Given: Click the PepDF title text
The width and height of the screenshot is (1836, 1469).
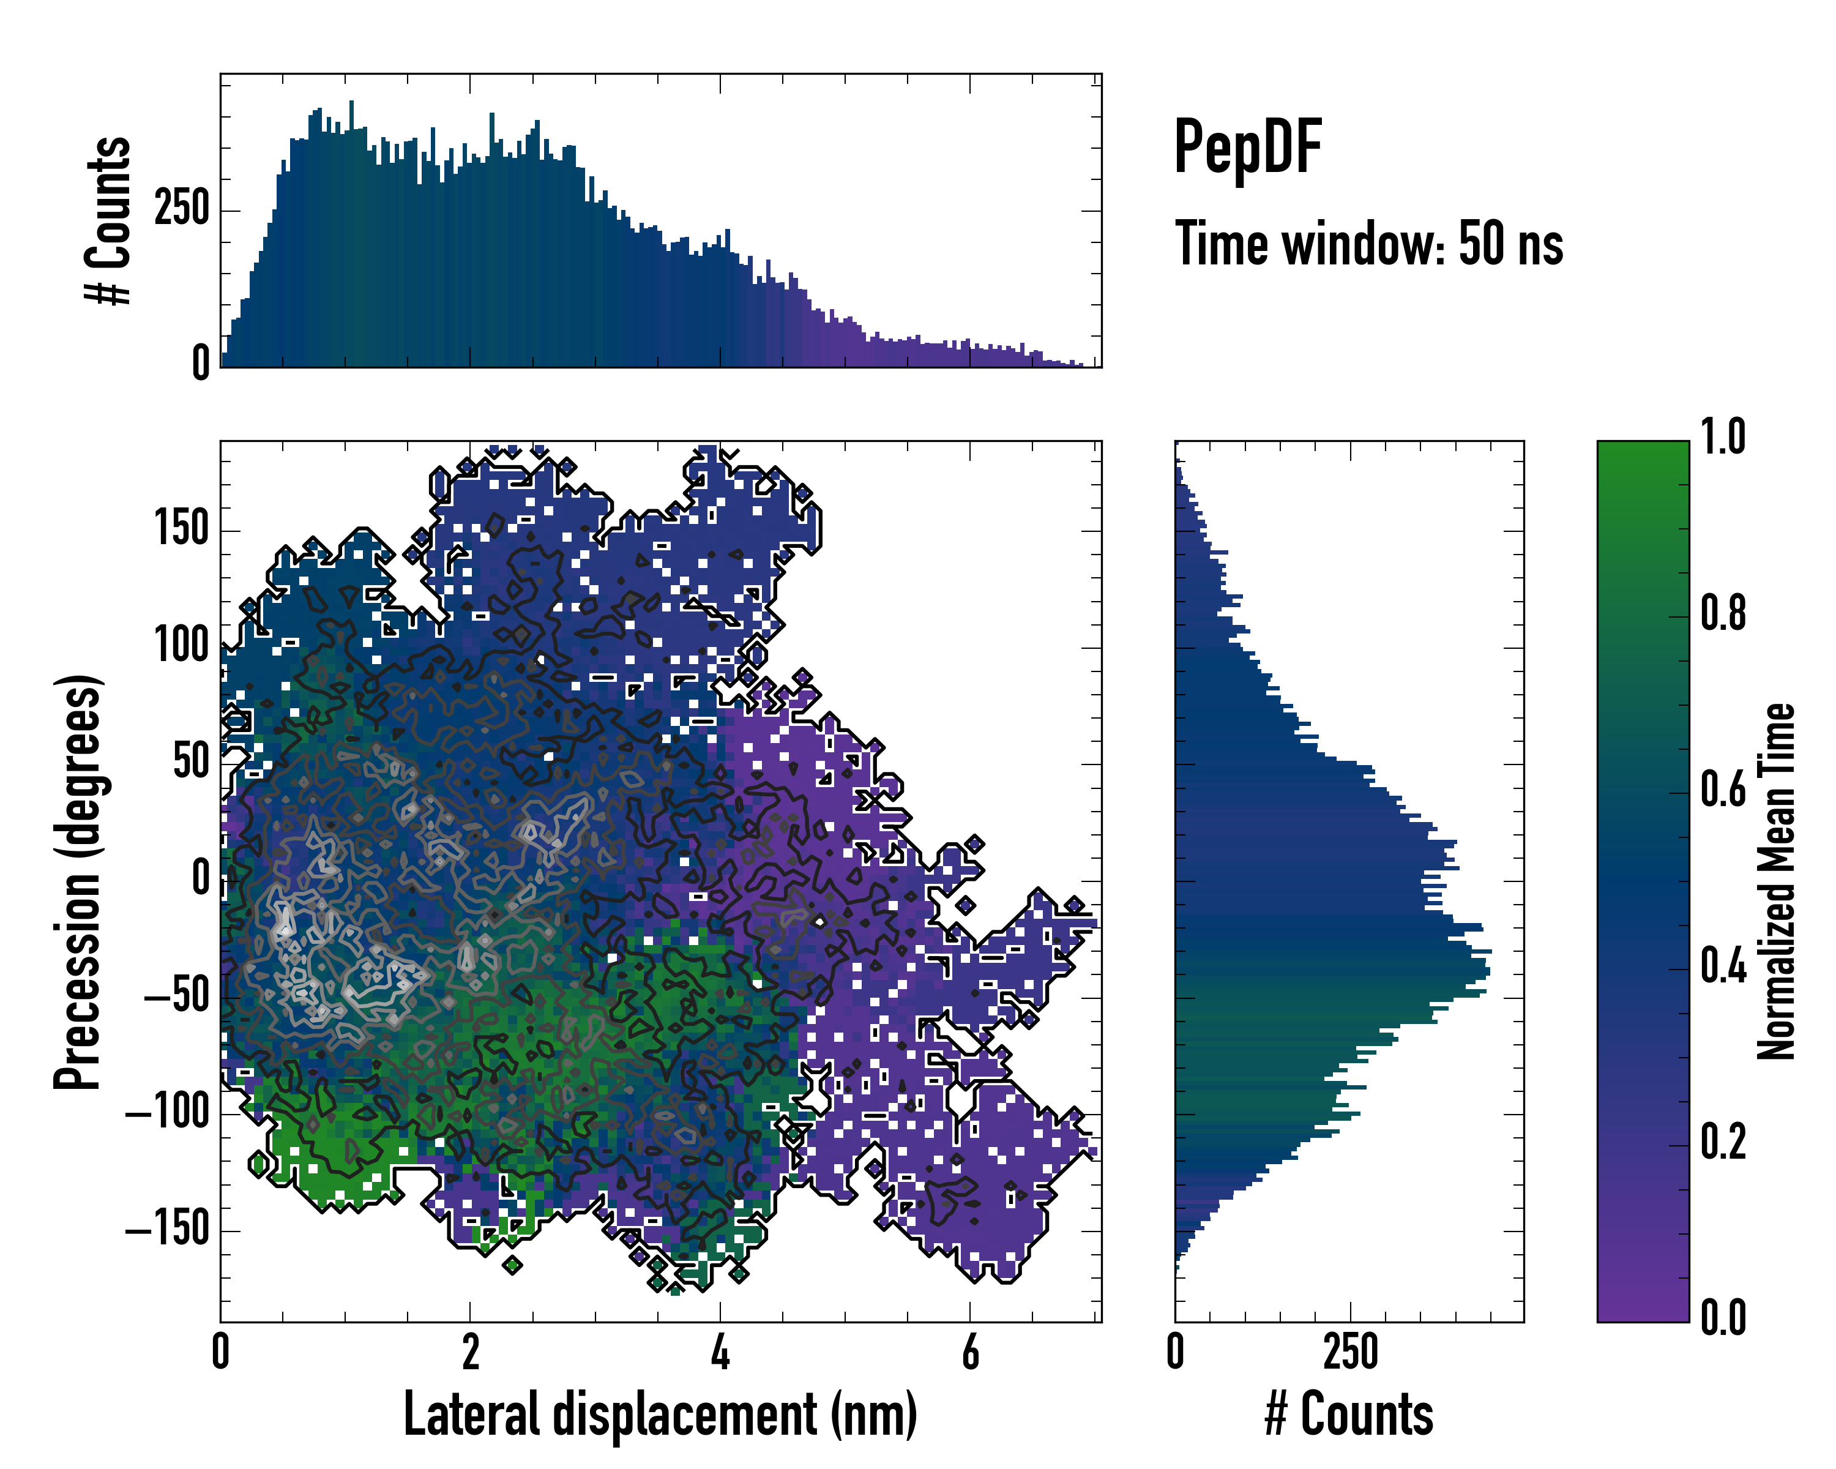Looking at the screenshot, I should click(1247, 148).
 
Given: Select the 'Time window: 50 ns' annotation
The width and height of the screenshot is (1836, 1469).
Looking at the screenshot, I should click(1368, 244).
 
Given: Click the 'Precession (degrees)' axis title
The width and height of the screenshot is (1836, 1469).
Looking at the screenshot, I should click(78, 881).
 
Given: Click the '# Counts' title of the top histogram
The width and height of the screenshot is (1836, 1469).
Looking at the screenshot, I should click(109, 220).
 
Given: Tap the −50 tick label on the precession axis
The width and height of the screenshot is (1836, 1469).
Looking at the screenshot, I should click(176, 995).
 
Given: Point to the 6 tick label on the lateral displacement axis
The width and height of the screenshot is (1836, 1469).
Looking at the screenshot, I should click(970, 1352).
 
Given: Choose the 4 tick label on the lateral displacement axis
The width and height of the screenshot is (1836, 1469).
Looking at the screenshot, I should click(720, 1352).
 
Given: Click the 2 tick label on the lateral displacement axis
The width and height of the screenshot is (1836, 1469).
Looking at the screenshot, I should click(471, 1352).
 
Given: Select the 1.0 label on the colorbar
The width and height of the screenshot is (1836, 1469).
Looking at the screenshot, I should click(1723, 438).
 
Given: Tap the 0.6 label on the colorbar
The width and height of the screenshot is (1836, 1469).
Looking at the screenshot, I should click(1723, 790).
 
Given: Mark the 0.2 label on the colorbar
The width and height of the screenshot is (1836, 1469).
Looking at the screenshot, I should click(1723, 1142).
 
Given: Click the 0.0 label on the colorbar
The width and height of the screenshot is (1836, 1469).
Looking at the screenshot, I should click(1723, 1317).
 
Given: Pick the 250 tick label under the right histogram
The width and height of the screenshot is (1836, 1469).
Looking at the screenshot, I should click(1351, 1352).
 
